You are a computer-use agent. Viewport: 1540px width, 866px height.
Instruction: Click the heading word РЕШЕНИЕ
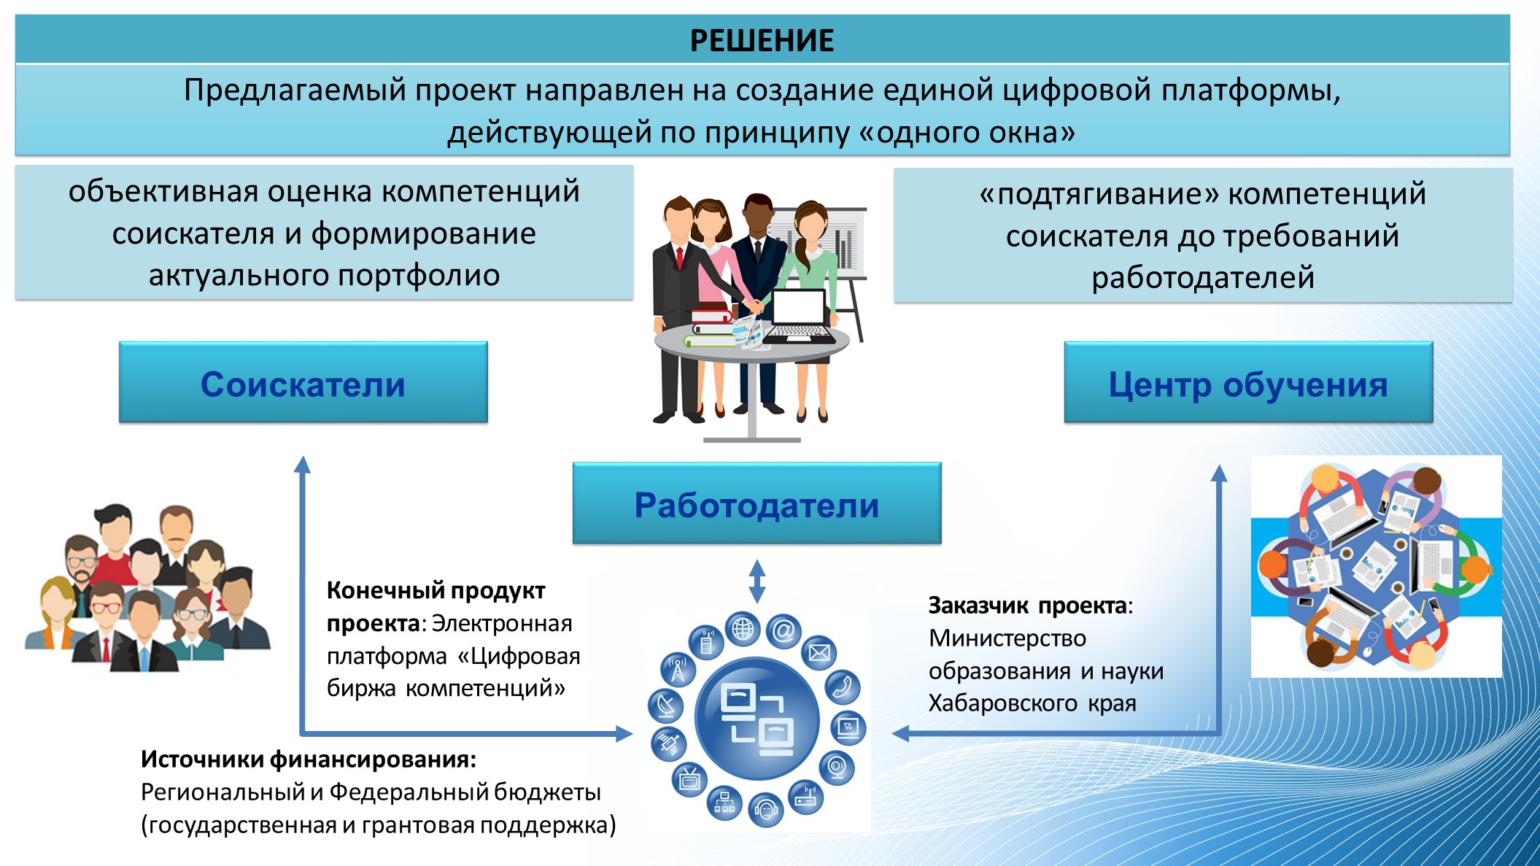click(x=762, y=41)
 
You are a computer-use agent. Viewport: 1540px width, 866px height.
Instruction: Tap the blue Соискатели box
click(x=303, y=382)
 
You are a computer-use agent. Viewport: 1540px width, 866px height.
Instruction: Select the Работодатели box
click(x=757, y=503)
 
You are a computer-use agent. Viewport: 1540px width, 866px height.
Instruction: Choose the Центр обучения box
click(x=1248, y=382)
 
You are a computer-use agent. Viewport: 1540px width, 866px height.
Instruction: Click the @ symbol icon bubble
click(x=784, y=631)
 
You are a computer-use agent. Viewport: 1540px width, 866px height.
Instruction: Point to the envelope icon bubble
click(x=819, y=653)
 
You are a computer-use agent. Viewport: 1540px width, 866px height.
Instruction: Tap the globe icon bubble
click(x=743, y=629)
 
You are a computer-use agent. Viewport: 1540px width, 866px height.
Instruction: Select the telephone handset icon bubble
click(x=843, y=687)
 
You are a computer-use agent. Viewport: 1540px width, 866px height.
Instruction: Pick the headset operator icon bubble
click(x=766, y=809)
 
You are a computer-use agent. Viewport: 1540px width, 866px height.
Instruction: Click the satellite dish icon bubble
click(x=665, y=705)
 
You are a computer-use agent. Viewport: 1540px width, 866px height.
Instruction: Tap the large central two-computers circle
click(x=757, y=719)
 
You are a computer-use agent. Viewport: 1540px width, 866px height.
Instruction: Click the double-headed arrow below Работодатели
click(x=757, y=581)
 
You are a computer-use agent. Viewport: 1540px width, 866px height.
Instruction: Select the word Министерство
click(x=1007, y=638)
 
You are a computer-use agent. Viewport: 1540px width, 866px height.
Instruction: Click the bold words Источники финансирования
click(x=308, y=759)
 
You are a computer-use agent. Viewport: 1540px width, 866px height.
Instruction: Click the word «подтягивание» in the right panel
click(x=1099, y=194)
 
